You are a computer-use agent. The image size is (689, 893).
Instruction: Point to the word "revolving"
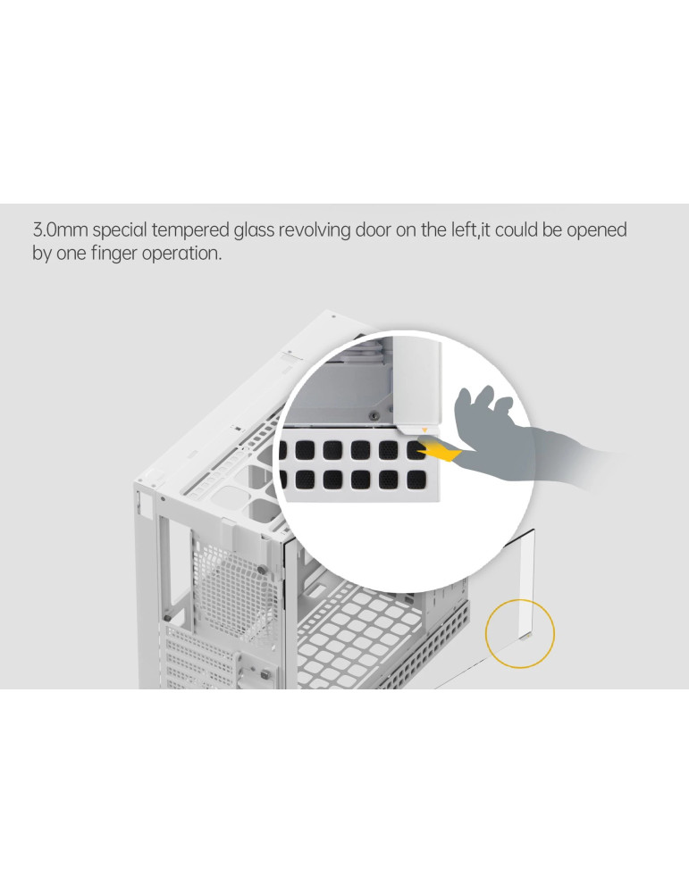coord(315,231)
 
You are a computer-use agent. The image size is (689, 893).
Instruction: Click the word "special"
coord(120,231)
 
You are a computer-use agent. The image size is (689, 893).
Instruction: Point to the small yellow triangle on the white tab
coord(424,430)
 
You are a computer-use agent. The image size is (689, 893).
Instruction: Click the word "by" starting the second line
coord(42,254)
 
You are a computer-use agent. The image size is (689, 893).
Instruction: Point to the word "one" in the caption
coord(71,254)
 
